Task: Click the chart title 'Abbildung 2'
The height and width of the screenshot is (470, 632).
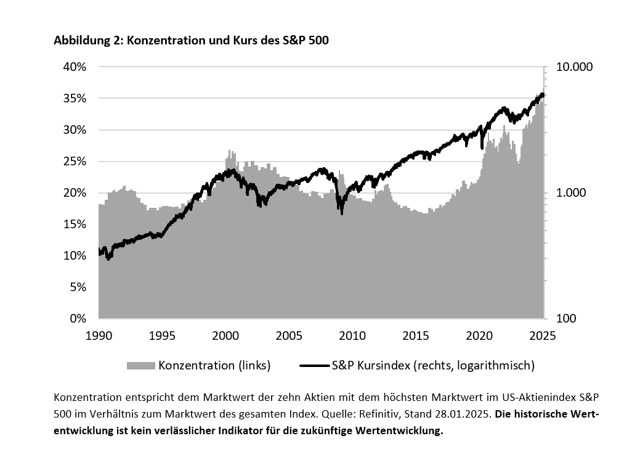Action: (x=86, y=41)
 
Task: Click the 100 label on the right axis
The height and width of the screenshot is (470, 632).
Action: (x=565, y=319)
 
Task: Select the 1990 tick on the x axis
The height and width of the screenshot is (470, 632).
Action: (x=99, y=336)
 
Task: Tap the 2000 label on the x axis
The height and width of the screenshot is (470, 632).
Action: (x=225, y=336)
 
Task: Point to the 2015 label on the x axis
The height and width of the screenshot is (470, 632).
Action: (x=416, y=336)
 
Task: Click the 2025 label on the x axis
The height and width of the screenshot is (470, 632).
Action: (x=543, y=336)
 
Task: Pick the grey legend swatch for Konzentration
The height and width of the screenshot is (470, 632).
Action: (x=141, y=366)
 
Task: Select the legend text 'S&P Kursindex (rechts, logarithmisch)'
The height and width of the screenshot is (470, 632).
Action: (x=433, y=366)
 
